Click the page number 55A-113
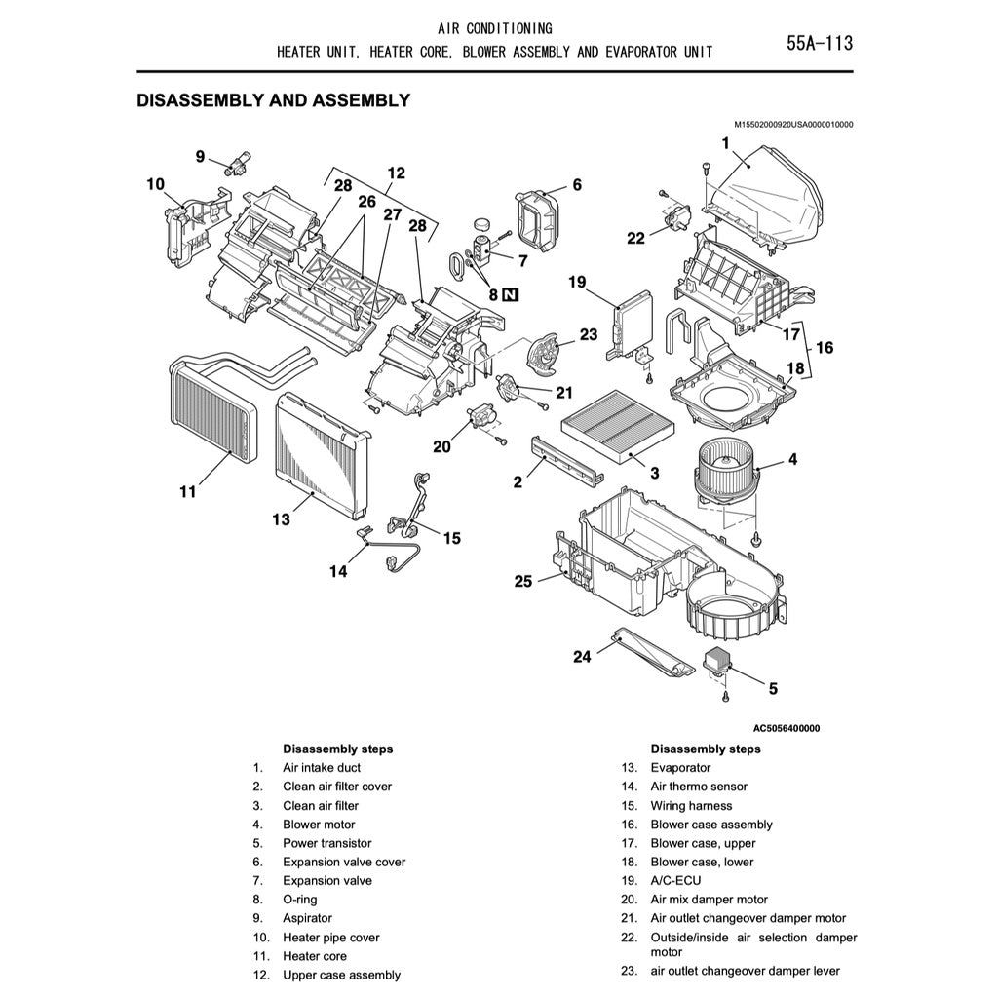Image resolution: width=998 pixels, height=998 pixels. pos(819,43)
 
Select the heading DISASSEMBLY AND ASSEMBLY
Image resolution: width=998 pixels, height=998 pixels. pos(273,100)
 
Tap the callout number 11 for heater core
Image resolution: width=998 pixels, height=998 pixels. pos(187,492)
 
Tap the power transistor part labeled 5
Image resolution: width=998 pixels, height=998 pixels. pos(724,659)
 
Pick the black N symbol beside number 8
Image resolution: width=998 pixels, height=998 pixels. pos(512,294)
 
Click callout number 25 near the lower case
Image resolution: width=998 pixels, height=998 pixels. pos(523,582)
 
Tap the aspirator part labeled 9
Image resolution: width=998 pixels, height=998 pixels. pos(238,163)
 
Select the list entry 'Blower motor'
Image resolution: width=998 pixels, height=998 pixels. pos(319,825)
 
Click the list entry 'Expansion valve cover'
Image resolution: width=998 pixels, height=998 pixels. pos(344,862)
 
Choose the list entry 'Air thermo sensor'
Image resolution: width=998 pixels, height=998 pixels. pos(699,787)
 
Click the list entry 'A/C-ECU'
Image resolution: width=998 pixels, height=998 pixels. pos(675,880)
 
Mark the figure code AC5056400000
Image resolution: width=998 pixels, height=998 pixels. pos(786,728)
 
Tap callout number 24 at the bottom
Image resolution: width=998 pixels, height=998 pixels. pos(582,657)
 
